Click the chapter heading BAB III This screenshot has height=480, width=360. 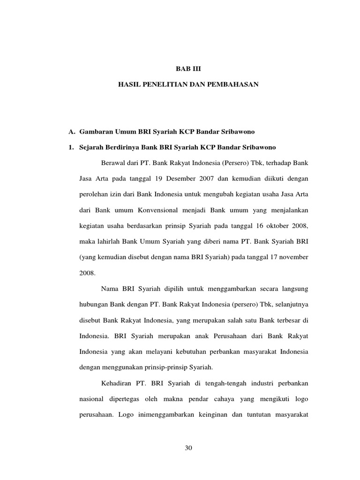[x=187, y=68]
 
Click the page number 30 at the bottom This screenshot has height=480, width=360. [x=189, y=448]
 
